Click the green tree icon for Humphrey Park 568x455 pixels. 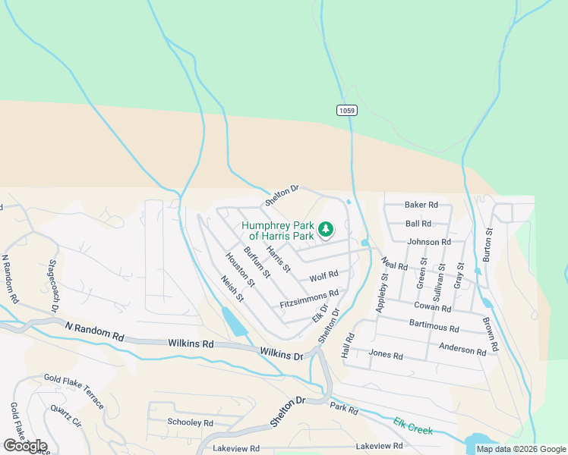326,228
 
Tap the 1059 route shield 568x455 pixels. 347,111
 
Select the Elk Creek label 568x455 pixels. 413,425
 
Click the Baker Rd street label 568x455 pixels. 421,205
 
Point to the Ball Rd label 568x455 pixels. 418,224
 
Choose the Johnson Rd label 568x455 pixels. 429,242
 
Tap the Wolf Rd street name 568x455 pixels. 323,275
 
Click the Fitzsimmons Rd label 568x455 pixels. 309,299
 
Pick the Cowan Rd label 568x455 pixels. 433,308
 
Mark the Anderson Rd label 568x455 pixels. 462,350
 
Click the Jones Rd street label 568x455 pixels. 385,353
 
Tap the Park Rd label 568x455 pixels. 344,409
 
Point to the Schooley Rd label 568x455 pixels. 191,422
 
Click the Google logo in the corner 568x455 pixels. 25,446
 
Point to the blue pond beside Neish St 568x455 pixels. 235,322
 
